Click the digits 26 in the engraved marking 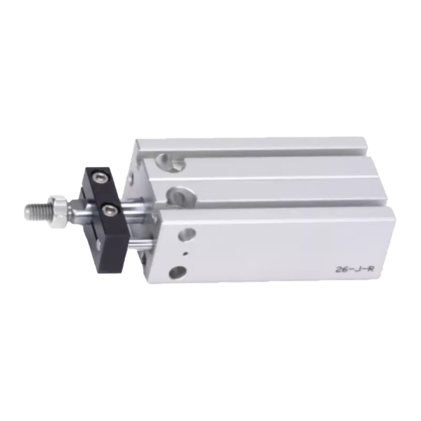pos(342,269)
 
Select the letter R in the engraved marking pos(370,268)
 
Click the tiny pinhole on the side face pos(186,253)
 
